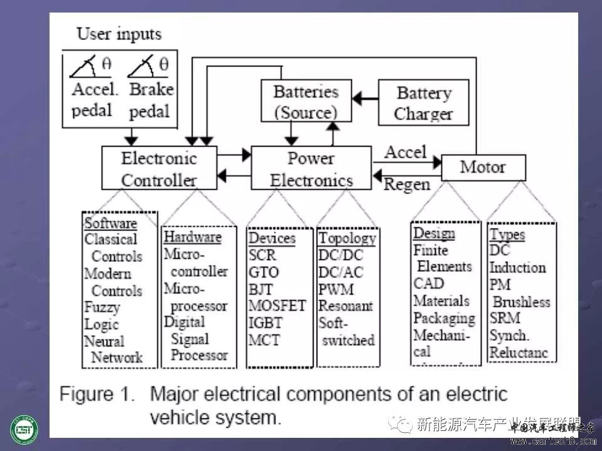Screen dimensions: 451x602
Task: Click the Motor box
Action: point(483,167)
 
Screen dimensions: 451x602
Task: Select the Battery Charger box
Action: point(424,103)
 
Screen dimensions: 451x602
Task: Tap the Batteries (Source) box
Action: point(305,101)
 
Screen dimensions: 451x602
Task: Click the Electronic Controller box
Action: point(159,168)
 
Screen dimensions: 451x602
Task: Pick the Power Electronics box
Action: point(311,168)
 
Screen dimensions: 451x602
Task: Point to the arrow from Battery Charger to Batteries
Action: point(364,98)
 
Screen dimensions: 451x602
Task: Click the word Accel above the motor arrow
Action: point(405,152)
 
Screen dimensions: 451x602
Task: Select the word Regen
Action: point(406,184)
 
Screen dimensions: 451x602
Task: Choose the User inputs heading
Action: point(119,34)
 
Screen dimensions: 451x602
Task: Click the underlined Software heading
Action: point(110,223)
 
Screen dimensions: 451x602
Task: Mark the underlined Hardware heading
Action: point(192,237)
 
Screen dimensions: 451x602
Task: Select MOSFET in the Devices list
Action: point(277,306)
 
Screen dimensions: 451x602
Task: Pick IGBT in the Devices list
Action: point(265,323)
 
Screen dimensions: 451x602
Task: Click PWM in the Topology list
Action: point(335,289)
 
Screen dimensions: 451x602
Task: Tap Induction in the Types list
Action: point(517,267)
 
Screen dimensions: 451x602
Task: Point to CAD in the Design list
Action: point(428,283)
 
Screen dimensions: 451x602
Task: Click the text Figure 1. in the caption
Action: point(97,394)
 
